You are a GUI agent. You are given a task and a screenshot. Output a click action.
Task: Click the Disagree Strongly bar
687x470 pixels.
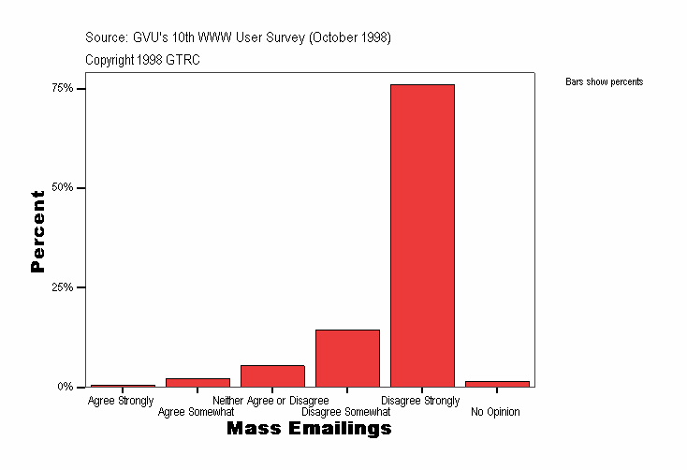point(422,235)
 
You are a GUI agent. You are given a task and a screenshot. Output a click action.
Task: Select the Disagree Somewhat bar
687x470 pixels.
point(347,358)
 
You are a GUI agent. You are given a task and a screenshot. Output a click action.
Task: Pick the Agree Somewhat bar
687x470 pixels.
point(197,382)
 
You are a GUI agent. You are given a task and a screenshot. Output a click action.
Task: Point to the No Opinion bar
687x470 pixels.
point(497,383)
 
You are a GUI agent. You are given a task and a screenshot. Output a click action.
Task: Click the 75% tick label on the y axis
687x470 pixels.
point(63,88)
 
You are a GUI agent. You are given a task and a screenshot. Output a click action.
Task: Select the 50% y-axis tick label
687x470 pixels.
point(63,187)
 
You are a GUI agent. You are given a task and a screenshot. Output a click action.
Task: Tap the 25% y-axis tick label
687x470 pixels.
point(63,287)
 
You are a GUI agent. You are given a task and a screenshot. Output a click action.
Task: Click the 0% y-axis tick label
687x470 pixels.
point(66,387)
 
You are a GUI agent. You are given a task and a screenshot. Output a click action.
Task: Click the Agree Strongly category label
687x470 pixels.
point(121,401)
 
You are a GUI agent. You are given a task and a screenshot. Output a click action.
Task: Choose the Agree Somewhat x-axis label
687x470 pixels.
point(196,412)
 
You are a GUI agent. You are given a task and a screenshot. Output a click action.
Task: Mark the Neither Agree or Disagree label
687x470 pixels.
point(270,401)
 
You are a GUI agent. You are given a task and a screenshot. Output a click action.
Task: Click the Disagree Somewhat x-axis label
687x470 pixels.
point(345,412)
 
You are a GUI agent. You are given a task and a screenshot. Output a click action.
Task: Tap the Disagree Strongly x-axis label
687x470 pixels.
point(420,401)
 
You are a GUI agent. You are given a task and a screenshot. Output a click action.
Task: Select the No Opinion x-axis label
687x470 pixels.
point(495,412)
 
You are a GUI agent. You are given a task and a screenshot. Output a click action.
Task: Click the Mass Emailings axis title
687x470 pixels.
point(309,429)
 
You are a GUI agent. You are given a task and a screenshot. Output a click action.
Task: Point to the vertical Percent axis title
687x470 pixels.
point(37,231)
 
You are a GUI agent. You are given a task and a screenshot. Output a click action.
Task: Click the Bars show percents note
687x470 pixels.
point(604,82)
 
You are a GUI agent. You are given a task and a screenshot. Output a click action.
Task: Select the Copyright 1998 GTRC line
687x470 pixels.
point(142,60)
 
